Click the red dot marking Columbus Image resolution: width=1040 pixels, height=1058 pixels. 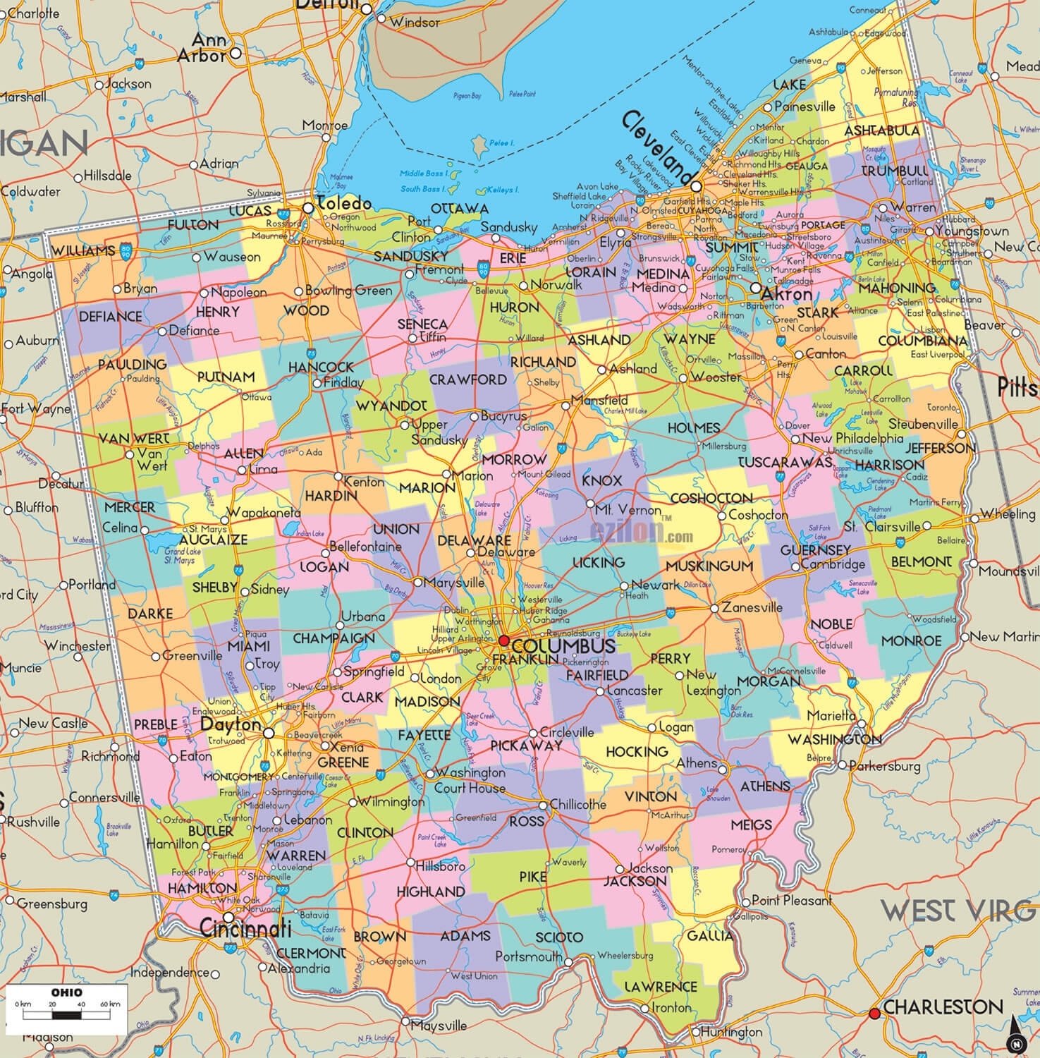click(x=503, y=640)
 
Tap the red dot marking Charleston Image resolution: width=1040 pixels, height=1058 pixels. click(x=874, y=1014)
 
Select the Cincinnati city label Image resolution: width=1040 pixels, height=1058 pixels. click(x=245, y=928)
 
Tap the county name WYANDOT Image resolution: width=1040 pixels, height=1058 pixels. click(x=391, y=407)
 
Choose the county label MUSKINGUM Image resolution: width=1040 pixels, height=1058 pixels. click(x=709, y=566)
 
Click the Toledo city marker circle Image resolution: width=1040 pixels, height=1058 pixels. click(x=308, y=208)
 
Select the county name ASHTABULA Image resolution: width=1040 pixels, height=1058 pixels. click(x=881, y=131)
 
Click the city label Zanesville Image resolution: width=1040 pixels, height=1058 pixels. click(x=751, y=607)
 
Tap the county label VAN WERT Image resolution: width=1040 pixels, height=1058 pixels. click(x=134, y=439)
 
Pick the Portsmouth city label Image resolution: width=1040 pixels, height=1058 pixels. click(x=528, y=956)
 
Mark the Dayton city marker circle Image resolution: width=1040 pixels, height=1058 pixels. click(x=269, y=734)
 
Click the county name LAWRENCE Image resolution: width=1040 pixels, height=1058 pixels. click(x=661, y=986)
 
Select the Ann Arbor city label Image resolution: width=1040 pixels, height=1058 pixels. click(x=201, y=47)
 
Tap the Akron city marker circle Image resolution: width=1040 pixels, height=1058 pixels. click(x=755, y=288)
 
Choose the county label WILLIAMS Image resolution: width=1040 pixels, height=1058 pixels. click(x=83, y=251)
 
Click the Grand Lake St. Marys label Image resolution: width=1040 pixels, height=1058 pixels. click(x=179, y=556)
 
